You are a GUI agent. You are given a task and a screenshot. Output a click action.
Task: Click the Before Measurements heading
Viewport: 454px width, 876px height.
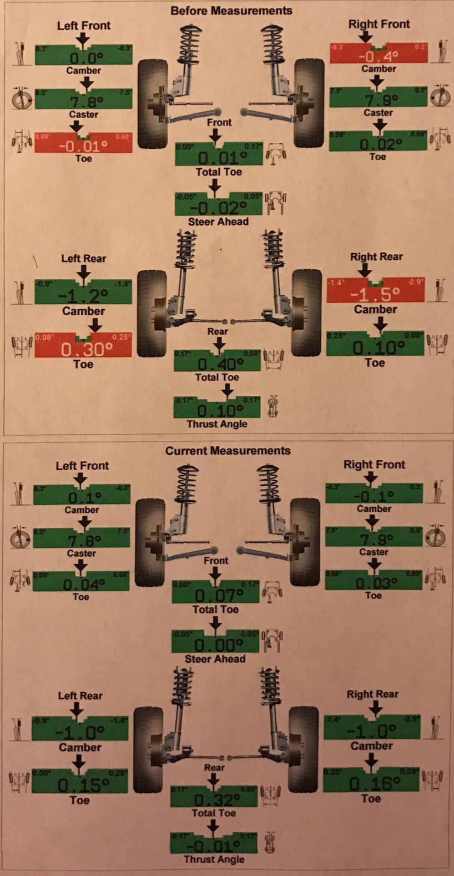[x=231, y=10]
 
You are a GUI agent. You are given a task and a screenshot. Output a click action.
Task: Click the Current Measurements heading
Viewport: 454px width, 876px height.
[x=227, y=450]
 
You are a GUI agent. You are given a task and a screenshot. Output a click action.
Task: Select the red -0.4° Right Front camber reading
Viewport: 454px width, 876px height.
[x=378, y=56]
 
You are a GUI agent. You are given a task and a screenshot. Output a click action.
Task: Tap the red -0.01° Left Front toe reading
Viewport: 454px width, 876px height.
[x=84, y=146]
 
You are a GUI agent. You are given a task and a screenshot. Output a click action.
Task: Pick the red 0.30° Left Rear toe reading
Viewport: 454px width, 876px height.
[x=83, y=349]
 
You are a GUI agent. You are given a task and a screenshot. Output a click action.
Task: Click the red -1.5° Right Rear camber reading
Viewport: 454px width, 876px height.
[x=375, y=294]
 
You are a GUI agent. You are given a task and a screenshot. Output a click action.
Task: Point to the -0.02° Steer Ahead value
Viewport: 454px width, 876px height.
[x=219, y=208]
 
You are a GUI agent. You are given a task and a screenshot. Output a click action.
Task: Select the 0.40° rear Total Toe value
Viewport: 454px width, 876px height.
[x=217, y=364]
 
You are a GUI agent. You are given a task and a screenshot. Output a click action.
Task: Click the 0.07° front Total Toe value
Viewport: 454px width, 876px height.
[x=216, y=595]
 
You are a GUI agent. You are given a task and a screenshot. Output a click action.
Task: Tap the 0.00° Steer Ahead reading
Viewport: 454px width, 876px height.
[x=215, y=644]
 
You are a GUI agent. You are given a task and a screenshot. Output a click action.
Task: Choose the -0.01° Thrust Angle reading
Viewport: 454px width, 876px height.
[x=214, y=846]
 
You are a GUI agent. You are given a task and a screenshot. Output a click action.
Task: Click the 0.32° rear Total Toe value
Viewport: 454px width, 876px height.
[x=214, y=799]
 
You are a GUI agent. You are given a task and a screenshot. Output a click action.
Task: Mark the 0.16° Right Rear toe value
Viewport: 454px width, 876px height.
[x=371, y=783]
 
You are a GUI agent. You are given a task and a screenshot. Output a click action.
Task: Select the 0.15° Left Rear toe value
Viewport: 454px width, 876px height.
[x=80, y=785]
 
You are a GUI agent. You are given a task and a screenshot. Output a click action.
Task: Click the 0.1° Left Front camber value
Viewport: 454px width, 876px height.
[x=82, y=497]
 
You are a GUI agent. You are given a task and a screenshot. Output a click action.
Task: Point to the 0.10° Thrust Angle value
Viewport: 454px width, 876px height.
[x=217, y=411]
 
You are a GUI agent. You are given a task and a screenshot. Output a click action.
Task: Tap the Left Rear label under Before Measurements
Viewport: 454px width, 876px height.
[x=83, y=258]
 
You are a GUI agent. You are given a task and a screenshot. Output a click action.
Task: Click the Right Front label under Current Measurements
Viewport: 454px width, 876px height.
[x=374, y=464]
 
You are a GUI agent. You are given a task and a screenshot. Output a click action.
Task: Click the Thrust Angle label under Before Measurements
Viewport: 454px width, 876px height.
[x=217, y=424]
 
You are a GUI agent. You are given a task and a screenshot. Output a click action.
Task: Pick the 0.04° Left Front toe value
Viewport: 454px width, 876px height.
[x=81, y=584]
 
